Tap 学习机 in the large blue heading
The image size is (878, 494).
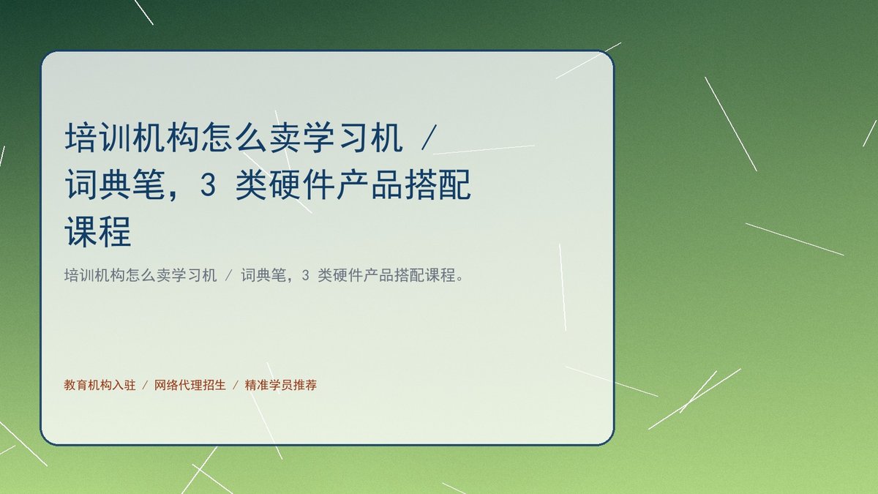pos(353,138)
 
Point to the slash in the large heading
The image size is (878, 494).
pos(429,138)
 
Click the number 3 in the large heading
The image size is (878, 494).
pos(208,184)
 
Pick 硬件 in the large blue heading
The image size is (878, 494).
pos(285,184)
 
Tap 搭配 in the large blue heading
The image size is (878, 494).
pos(438,184)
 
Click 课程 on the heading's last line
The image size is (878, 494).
pos(98,231)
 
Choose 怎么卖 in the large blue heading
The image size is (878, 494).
pos(251,138)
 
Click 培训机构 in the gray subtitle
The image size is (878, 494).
pos(94,275)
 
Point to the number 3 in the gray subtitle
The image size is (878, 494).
pos(306,276)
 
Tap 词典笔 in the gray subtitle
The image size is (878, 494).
pos(264,275)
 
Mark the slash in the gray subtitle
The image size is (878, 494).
pos(229,276)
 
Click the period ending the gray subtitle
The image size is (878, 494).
pos(460,279)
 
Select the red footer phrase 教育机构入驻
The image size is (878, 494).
pos(100,385)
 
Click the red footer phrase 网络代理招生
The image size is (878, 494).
pos(190,385)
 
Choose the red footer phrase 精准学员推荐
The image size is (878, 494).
pos(281,385)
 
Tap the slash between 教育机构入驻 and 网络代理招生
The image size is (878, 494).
pos(145,385)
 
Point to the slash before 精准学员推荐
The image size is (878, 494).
pos(236,385)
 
